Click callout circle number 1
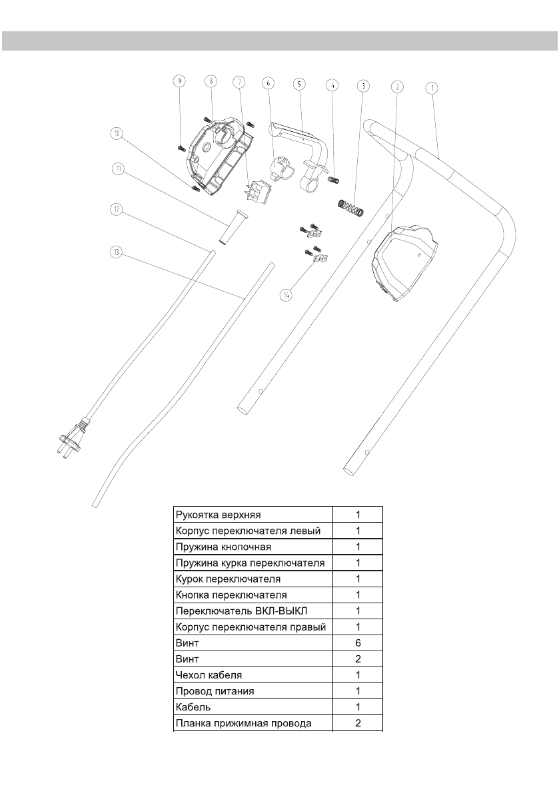(432, 87)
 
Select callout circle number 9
(179, 81)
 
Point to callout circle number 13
(117, 252)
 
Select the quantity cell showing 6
(357, 644)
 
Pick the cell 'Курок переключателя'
(227, 579)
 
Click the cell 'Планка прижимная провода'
(243, 723)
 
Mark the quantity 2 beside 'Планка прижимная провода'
(357, 723)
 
